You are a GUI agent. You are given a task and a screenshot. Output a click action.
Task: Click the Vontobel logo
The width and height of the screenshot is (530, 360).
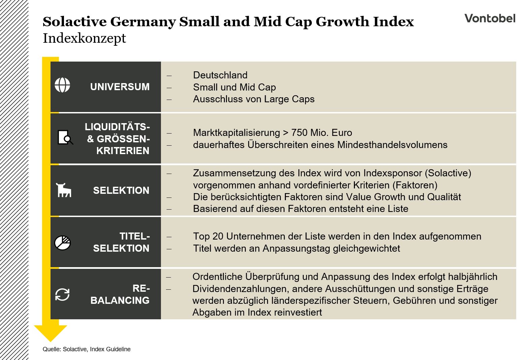[490, 18]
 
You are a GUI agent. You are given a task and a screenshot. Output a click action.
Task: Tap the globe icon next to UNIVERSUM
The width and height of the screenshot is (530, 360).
[62, 85]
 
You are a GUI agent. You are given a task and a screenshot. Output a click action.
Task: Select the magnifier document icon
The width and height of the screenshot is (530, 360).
[65, 138]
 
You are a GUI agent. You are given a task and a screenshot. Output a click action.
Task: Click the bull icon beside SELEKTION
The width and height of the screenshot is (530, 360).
[64, 190]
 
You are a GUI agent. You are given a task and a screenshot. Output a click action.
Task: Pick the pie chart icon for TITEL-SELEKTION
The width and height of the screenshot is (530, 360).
[62, 243]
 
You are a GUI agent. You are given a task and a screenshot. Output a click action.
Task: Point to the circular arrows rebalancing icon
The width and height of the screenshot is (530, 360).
[62, 295]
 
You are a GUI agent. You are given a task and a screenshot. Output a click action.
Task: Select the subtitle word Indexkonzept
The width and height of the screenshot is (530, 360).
[84, 38]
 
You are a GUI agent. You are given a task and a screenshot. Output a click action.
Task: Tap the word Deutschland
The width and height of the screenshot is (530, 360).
[220, 75]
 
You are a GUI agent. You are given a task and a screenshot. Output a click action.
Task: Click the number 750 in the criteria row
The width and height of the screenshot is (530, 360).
[299, 133]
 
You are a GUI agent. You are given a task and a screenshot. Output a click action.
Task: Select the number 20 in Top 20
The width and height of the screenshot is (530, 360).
[218, 236]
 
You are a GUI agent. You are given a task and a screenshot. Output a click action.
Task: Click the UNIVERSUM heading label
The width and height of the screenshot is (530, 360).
[120, 87]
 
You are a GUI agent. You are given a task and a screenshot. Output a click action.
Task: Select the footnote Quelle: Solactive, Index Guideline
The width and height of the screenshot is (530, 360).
[87, 349]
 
